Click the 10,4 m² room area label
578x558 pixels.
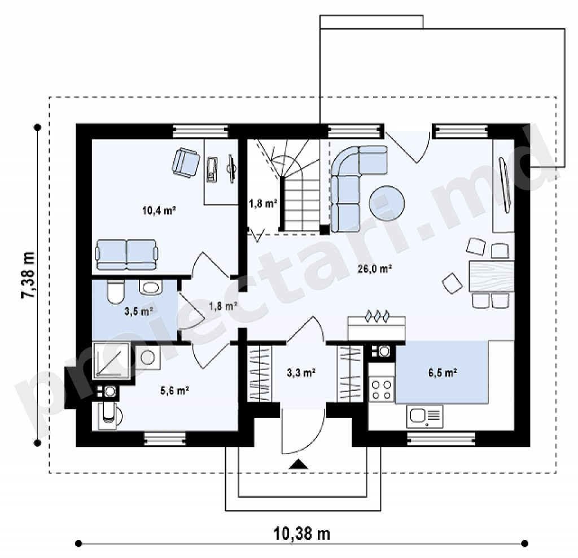(x=159, y=210)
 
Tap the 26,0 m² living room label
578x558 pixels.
(x=375, y=269)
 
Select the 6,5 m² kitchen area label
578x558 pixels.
(x=443, y=372)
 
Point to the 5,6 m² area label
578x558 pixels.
(x=175, y=390)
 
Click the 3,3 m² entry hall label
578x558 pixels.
(x=301, y=373)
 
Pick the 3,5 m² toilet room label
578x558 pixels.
(x=139, y=311)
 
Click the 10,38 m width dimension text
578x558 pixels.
(x=301, y=533)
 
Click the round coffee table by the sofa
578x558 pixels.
(x=387, y=203)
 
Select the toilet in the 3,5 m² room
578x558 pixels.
(x=115, y=292)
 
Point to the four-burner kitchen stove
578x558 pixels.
(x=382, y=390)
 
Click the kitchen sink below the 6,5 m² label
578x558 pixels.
(x=424, y=416)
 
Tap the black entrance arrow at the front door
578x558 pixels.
(x=298, y=464)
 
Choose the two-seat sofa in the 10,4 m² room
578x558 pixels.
(x=127, y=254)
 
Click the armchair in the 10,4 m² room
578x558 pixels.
(x=185, y=163)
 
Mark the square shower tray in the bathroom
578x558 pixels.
(x=111, y=361)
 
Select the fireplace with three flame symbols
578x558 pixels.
(x=376, y=327)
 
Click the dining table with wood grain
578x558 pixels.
(x=492, y=276)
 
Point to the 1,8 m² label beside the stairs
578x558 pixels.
(x=263, y=203)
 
